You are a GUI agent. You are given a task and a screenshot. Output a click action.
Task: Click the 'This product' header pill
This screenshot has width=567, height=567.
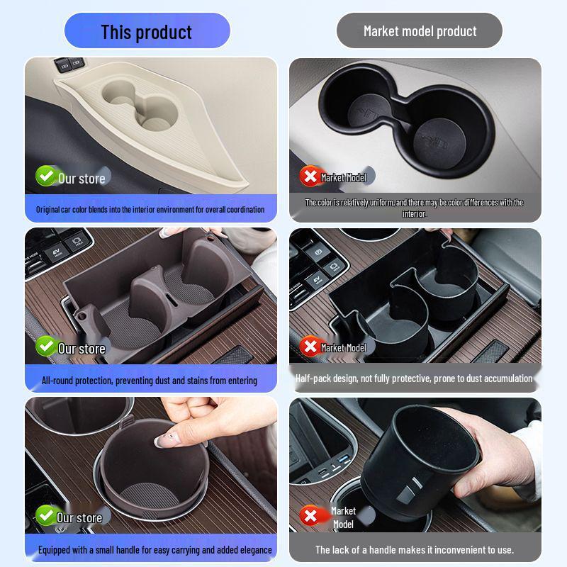147,30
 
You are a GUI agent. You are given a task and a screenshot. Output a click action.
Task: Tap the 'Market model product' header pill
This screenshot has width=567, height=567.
420,30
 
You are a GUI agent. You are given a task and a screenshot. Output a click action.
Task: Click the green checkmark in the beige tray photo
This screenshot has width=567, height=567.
46,176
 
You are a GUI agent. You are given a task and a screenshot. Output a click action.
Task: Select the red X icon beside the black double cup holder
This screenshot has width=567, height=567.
310,176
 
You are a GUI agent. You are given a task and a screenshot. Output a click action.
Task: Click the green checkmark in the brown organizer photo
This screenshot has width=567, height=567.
46,346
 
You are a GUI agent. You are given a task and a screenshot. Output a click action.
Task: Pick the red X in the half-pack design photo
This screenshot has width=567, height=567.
310,347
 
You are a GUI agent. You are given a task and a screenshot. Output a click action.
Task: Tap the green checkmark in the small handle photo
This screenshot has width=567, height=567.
46,515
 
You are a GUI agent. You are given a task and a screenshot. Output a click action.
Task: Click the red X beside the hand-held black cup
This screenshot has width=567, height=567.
310,515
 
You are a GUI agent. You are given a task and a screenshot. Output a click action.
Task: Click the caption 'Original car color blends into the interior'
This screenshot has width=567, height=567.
150,209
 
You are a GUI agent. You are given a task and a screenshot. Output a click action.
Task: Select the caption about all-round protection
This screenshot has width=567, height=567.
150,381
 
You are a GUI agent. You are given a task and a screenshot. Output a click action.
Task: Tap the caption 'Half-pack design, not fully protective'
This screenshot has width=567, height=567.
414,378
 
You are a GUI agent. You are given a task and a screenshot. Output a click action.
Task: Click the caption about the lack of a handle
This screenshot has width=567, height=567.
415,550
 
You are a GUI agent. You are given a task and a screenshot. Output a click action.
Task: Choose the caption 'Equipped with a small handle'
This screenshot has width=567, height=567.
155,550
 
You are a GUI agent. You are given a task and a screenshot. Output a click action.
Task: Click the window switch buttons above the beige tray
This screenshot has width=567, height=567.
69,64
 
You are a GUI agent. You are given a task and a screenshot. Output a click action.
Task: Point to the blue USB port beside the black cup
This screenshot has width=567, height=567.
344,459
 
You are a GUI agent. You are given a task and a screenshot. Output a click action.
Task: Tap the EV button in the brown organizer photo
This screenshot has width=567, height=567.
57,253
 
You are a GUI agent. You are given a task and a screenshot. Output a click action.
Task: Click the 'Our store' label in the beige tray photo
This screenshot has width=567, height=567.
82,179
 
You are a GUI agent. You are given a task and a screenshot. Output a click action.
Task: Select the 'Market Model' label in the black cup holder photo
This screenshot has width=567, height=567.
344,178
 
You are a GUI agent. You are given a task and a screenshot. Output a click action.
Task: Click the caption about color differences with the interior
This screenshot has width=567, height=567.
414,208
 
